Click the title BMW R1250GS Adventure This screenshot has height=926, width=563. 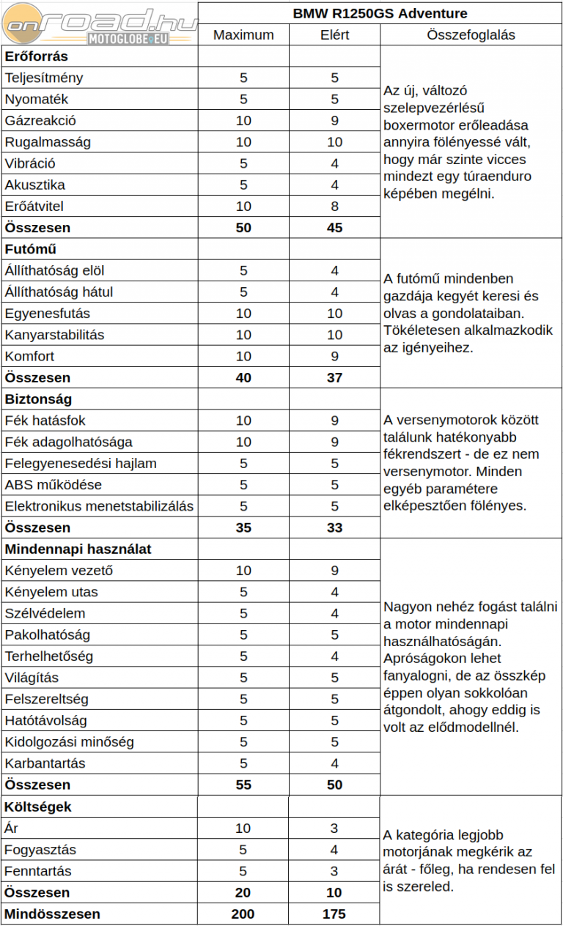tap(380, 13)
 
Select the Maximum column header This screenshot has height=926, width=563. tap(243, 34)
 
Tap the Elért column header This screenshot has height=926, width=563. tap(334, 34)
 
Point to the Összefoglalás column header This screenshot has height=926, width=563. tap(471, 34)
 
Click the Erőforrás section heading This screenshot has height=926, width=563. tap(37, 56)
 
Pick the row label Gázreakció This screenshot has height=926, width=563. tap(40, 121)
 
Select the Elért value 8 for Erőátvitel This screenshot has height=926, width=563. tap(334, 207)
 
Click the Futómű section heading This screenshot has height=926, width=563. tap(31, 249)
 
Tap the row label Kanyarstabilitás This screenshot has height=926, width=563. tap(54, 335)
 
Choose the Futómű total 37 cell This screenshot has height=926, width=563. tap(334, 378)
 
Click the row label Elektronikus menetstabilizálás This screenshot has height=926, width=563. tap(99, 506)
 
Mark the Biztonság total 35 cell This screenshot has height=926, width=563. tap(243, 527)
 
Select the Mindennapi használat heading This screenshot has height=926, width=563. tap(78, 549)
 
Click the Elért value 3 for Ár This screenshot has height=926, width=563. tap(334, 829)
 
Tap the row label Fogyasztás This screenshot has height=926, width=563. tap(40, 850)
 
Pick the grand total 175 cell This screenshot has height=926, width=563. tap(334, 914)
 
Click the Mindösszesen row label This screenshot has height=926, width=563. tap(52, 914)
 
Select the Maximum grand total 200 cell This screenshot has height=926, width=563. tap(243, 914)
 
